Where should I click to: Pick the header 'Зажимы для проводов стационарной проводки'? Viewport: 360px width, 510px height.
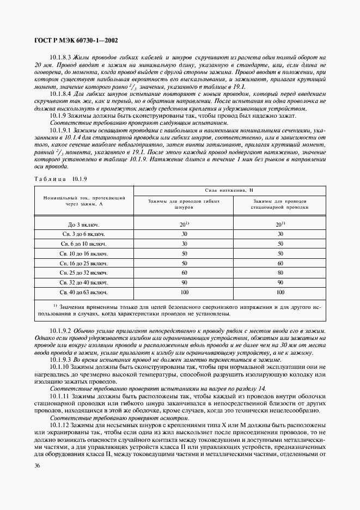point(279,204)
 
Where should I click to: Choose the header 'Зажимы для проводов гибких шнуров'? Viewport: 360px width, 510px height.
point(184,204)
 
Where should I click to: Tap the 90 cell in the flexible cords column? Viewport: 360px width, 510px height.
point(184,283)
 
